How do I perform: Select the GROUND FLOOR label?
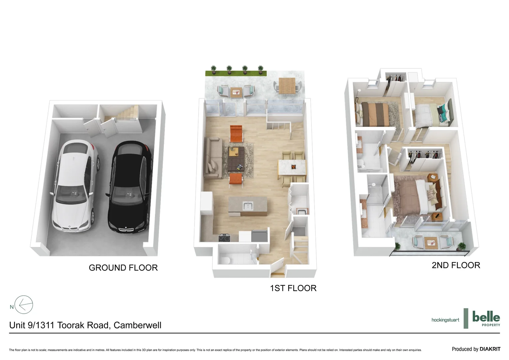coord(123,268)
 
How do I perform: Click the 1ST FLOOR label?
coord(293,288)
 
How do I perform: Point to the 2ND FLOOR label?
coord(456,265)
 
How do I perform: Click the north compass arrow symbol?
coord(24,305)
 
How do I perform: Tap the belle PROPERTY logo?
coord(486,318)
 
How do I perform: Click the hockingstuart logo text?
coord(445,320)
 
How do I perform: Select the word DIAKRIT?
coord(490,349)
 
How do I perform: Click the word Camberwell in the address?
coord(137,325)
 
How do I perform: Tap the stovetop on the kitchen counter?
coord(224,238)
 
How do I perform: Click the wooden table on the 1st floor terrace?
coord(287,85)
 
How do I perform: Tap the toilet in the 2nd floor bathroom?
coord(360,163)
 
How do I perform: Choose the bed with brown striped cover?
coord(375,114)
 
